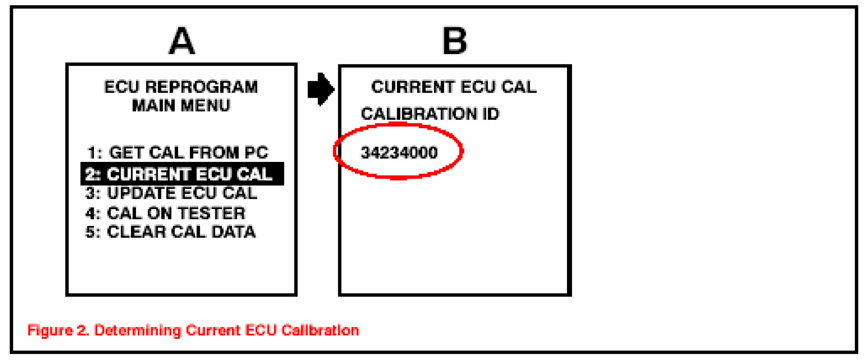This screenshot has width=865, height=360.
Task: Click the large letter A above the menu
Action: tap(182, 41)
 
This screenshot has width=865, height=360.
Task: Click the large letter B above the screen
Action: tap(455, 41)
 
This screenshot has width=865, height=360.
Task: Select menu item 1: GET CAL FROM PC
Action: tap(177, 152)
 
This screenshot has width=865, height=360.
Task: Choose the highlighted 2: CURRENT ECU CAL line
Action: tap(182, 174)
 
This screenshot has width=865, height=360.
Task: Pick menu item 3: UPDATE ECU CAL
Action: tap(171, 193)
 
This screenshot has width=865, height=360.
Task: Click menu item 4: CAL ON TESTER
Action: tap(166, 213)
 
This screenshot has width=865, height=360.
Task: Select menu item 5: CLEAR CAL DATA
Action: tap(171, 232)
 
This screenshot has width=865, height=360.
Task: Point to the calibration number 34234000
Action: tap(399, 152)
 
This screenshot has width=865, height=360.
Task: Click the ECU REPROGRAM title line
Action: tap(181, 87)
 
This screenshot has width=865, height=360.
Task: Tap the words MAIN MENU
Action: tap(181, 105)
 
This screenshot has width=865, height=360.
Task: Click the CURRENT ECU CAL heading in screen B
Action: tap(454, 87)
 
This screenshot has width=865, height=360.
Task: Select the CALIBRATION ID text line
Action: tap(430, 114)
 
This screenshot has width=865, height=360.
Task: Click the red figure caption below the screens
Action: tap(193, 330)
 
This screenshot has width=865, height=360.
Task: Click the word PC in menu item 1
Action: tap(256, 152)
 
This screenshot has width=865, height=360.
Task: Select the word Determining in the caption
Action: tap(138, 330)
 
